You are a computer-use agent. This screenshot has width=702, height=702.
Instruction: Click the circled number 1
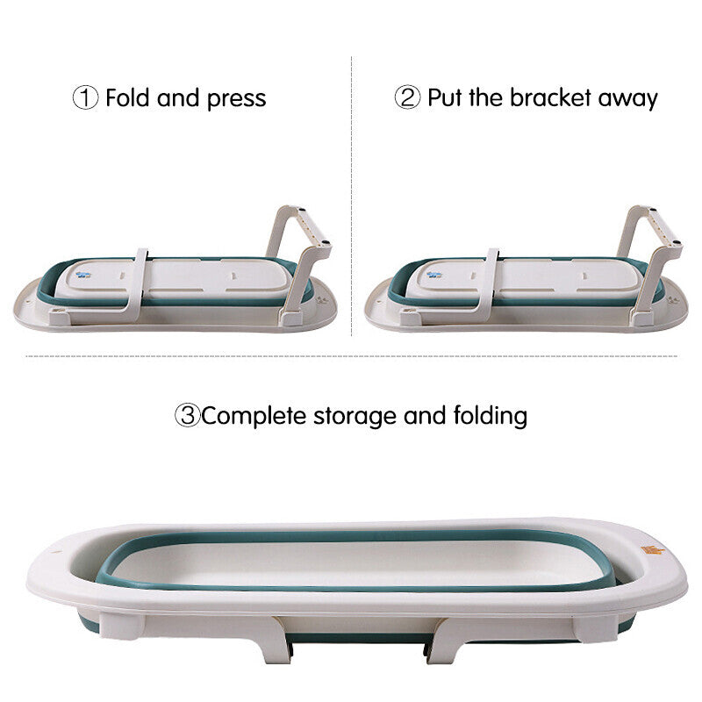pos(85,97)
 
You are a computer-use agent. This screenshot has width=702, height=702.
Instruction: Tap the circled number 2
pos(407,97)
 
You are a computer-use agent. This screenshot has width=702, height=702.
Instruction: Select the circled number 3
pos(187,415)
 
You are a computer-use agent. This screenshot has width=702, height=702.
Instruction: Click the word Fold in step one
pos(127,97)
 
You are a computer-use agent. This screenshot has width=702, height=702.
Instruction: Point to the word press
pos(236,99)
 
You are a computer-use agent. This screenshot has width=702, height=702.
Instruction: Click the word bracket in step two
pos(550,97)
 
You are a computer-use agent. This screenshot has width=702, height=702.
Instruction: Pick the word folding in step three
pos(491,415)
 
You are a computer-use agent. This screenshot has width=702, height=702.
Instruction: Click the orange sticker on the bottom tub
pos(652,550)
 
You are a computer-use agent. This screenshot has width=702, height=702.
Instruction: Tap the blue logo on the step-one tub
pos(83,275)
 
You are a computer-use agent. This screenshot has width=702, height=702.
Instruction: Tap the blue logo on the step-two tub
pos(433,275)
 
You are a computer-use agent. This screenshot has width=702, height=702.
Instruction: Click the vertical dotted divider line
pos(352,196)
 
